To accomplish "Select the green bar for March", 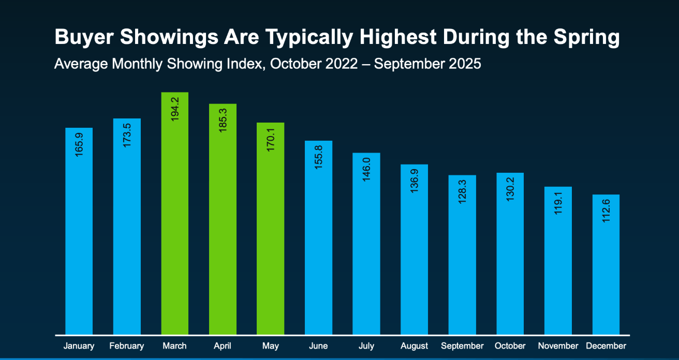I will [174, 217].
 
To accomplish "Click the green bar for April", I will [223, 222].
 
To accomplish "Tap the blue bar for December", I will [606, 269].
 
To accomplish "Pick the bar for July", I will [366, 248].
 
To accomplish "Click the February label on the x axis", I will [127, 346].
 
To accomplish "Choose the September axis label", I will [462, 346].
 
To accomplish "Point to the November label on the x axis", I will [558, 346].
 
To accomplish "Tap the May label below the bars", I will [271, 346].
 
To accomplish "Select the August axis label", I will [414, 346].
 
